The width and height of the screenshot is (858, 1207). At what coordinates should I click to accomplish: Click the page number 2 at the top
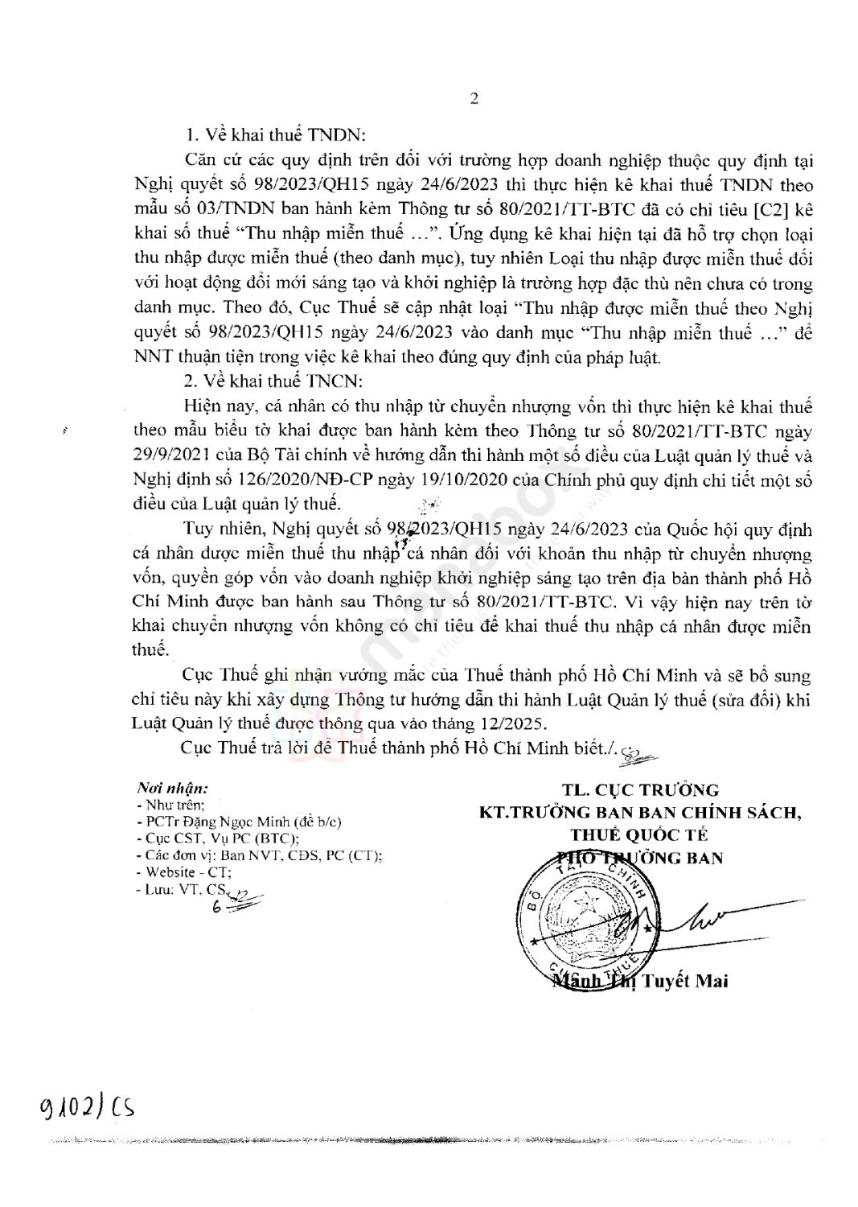coord(474,100)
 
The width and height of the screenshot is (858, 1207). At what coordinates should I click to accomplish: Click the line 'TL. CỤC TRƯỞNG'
coord(640,790)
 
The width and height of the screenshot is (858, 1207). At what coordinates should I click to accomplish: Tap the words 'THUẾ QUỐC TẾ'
coord(639,834)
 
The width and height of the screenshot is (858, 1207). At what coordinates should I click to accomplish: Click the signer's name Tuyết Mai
coord(685,981)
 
